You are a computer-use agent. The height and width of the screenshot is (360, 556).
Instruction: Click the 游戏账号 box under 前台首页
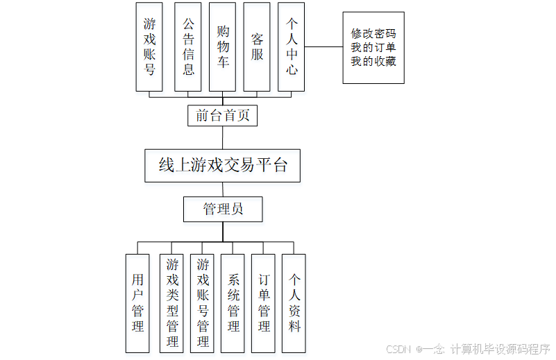[149, 47]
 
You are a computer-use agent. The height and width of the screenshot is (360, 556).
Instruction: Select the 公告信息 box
[188, 47]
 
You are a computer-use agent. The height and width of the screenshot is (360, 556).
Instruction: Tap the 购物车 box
[223, 47]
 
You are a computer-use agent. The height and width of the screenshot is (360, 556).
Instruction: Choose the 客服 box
[257, 47]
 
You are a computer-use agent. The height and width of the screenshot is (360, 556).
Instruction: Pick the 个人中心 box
[292, 47]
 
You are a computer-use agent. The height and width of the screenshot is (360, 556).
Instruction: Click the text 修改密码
[373, 33]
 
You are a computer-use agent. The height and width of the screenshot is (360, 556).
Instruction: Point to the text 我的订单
[373, 48]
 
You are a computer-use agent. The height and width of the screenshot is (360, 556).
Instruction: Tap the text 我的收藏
[373, 62]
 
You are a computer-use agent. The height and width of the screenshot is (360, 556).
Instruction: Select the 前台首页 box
[222, 116]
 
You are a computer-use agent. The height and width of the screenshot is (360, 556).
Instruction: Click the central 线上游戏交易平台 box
[223, 166]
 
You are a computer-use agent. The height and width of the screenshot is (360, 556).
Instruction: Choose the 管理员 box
[223, 209]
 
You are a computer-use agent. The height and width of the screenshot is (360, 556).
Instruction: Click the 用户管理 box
[137, 302]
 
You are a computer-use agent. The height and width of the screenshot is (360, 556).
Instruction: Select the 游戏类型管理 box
[171, 302]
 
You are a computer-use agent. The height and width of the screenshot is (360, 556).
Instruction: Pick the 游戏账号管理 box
[203, 302]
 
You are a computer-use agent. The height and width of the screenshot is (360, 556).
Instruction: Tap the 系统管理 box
[233, 302]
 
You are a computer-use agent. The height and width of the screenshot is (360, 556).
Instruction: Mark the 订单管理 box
[264, 302]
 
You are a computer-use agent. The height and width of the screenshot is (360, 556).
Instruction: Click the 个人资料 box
[294, 302]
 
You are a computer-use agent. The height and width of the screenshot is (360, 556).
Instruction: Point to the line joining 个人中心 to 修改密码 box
[323, 47]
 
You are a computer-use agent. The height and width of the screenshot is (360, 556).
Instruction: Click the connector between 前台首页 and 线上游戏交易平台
[223, 137]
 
